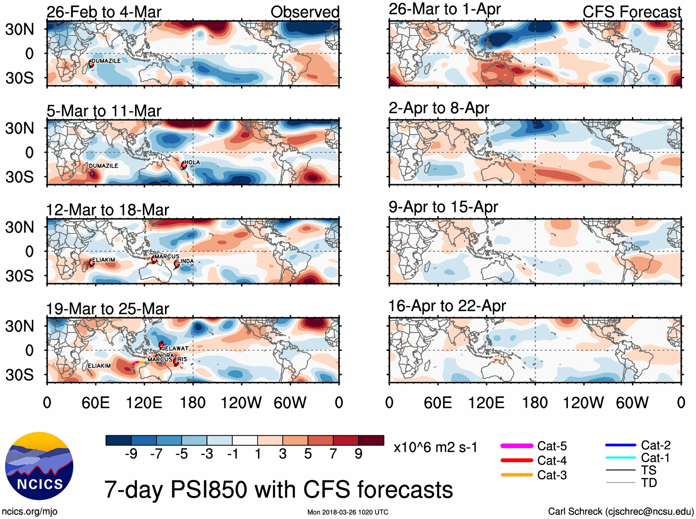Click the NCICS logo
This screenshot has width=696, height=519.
(x=39, y=466)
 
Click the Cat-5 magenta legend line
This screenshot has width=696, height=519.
(x=517, y=446)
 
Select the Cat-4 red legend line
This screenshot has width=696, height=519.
(x=517, y=460)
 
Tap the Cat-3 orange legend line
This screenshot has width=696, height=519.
(x=517, y=475)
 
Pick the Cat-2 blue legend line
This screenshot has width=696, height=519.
(x=620, y=445)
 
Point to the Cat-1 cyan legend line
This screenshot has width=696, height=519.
(x=620, y=457)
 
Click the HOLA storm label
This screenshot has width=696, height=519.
(x=192, y=162)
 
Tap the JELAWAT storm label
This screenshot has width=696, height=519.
(x=176, y=348)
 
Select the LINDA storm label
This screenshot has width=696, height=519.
(x=186, y=261)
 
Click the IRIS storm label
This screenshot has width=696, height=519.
(x=182, y=359)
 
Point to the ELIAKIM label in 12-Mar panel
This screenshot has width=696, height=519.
(x=104, y=260)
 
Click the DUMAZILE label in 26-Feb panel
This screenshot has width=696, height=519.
(x=106, y=61)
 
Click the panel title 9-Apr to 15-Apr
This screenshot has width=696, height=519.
(x=443, y=207)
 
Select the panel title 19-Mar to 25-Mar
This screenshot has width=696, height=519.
(x=107, y=309)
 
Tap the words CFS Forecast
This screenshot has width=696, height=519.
(x=631, y=12)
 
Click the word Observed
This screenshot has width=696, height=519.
(x=305, y=12)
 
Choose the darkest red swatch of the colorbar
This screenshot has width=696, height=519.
(x=371, y=440)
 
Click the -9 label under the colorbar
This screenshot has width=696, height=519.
(x=131, y=454)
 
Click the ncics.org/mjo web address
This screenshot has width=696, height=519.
(x=29, y=511)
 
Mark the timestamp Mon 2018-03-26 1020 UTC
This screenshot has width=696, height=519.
(x=348, y=512)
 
